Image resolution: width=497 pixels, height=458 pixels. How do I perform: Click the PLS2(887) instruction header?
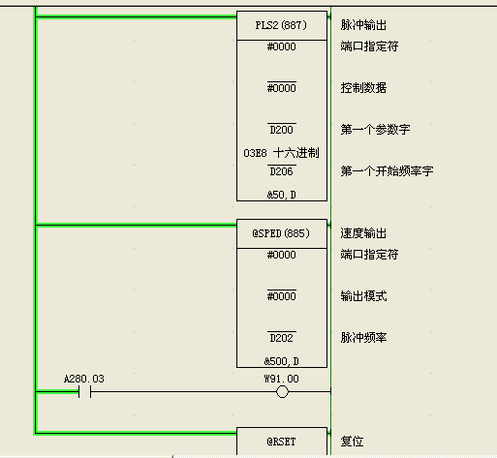(x=282, y=25)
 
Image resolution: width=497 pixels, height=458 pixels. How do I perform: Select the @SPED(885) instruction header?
(x=282, y=233)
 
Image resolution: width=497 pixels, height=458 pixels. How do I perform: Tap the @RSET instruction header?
(x=282, y=442)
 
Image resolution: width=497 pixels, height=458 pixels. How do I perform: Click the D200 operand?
(x=282, y=130)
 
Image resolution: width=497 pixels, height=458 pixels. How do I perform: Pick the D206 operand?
(x=282, y=171)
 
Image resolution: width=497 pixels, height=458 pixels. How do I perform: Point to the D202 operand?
(x=282, y=338)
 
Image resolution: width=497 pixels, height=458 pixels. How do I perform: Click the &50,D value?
(x=282, y=195)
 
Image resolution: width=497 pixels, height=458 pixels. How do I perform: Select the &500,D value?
(x=282, y=361)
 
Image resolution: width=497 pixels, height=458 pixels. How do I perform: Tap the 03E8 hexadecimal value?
(x=255, y=153)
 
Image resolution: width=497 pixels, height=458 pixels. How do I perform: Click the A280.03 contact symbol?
(x=84, y=392)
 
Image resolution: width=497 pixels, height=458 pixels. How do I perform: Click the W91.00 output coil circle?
(x=282, y=392)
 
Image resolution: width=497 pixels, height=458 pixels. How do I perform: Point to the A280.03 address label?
(x=84, y=379)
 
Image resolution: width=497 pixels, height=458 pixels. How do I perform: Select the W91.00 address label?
(x=282, y=379)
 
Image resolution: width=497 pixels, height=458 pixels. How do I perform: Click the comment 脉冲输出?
(x=363, y=25)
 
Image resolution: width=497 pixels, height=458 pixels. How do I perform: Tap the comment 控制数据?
(x=363, y=88)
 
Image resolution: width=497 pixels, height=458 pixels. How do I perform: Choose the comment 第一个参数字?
(x=375, y=130)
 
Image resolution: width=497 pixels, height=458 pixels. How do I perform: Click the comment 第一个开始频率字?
(x=387, y=171)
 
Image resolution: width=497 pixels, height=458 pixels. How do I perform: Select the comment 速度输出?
(x=363, y=233)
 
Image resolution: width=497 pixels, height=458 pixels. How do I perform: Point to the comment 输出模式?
(x=363, y=296)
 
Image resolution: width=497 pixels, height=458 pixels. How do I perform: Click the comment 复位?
(x=352, y=442)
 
